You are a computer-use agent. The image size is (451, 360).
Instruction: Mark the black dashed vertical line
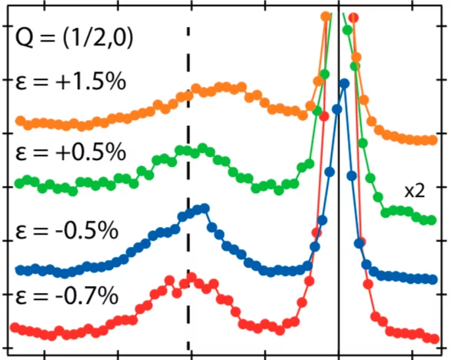coord(189,115)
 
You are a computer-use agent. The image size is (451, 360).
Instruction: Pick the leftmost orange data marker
coord(21,121)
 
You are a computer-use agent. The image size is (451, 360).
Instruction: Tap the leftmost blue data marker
coord(21,269)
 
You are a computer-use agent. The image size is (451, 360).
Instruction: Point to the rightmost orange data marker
coord(433,140)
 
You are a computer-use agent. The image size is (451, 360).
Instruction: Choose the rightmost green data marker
coord(433,220)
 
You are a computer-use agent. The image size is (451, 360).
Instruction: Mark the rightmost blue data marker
coord(433,279)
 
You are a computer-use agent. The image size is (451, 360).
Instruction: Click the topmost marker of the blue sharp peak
coord(344,85)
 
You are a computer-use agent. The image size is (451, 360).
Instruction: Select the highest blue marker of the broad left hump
coord(204,208)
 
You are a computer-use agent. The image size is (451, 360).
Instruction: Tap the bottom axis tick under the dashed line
coord(189,355)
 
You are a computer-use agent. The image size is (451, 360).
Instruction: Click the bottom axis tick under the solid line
coord(339,355)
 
